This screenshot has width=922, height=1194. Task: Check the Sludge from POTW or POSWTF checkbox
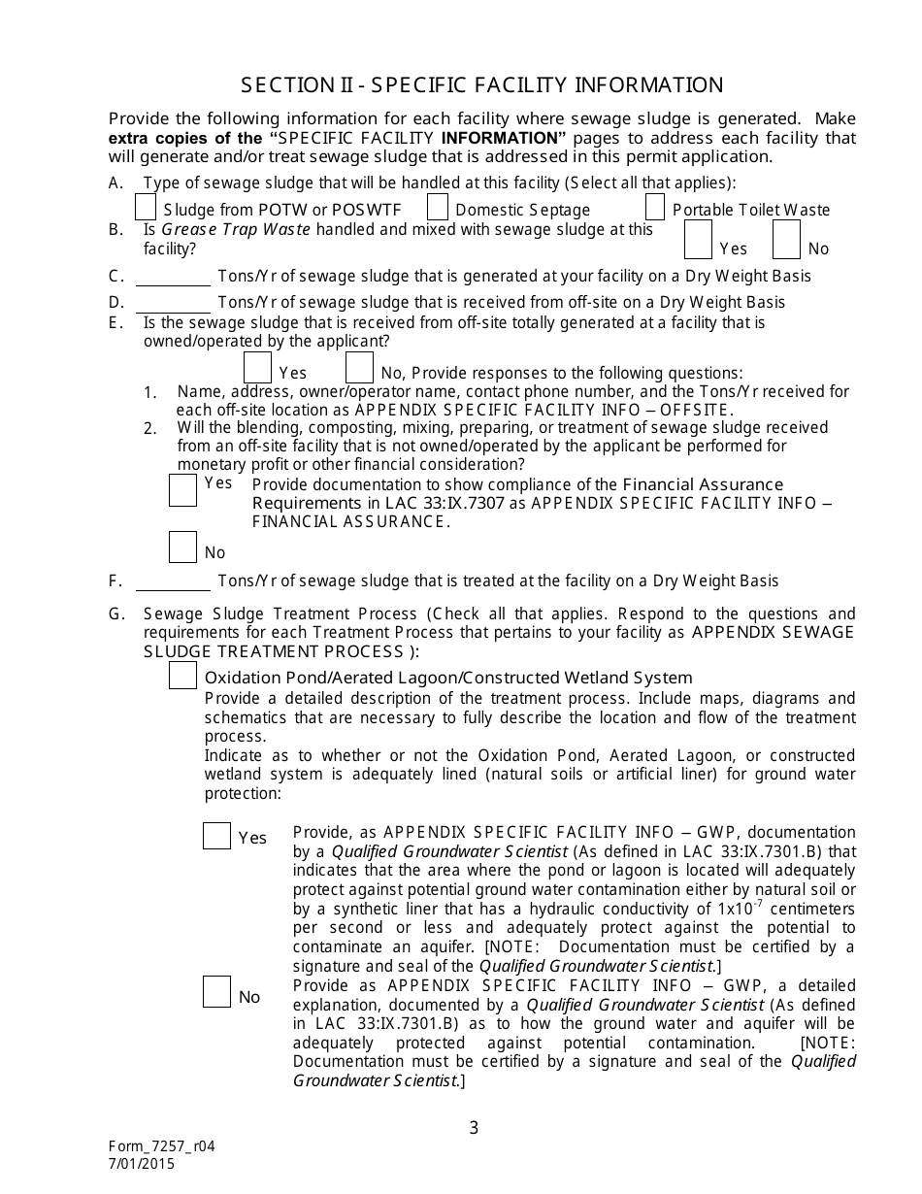click(x=146, y=208)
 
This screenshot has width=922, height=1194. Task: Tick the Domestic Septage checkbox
click(x=438, y=208)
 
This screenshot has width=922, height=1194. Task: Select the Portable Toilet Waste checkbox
click(x=655, y=208)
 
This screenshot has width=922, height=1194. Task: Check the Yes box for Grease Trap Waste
click(x=698, y=239)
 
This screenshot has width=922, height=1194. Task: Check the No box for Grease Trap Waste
click(x=787, y=239)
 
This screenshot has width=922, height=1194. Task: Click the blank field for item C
click(x=173, y=277)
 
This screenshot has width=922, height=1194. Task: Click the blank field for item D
click(x=173, y=303)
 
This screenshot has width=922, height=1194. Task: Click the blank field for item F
click(x=173, y=581)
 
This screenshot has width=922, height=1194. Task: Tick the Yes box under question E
click(x=257, y=368)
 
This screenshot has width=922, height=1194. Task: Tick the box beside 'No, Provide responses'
click(x=359, y=368)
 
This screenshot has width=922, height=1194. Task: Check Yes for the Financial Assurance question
click(x=182, y=490)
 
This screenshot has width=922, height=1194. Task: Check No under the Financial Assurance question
click(x=182, y=547)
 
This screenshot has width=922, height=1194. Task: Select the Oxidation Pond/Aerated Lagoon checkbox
click(x=182, y=676)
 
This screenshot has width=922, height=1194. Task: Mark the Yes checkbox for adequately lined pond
click(x=216, y=835)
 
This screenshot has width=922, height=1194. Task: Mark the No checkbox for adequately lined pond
click(x=216, y=992)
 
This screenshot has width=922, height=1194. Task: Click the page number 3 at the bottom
click(x=474, y=1127)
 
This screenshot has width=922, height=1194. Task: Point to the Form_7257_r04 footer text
click(x=161, y=1145)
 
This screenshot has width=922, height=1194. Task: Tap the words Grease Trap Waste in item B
click(x=236, y=230)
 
